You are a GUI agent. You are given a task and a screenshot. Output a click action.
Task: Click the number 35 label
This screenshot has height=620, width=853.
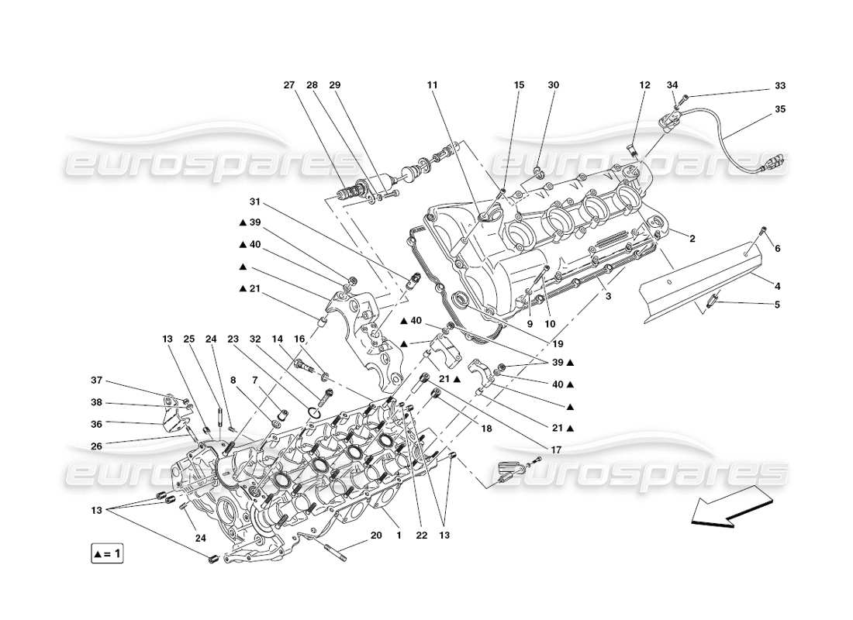click(779, 109)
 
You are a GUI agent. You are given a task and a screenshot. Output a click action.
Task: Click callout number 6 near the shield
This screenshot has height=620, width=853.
click(778, 248)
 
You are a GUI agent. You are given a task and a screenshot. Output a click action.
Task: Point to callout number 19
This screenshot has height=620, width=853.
click(558, 343)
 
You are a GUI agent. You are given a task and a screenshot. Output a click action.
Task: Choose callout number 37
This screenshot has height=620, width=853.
click(96, 381)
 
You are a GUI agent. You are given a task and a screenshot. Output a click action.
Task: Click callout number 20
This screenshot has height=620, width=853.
click(376, 536)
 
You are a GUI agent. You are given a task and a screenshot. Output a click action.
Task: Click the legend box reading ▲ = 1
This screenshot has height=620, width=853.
click(106, 554)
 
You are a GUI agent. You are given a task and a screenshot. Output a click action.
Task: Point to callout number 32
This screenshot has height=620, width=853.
click(254, 339)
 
